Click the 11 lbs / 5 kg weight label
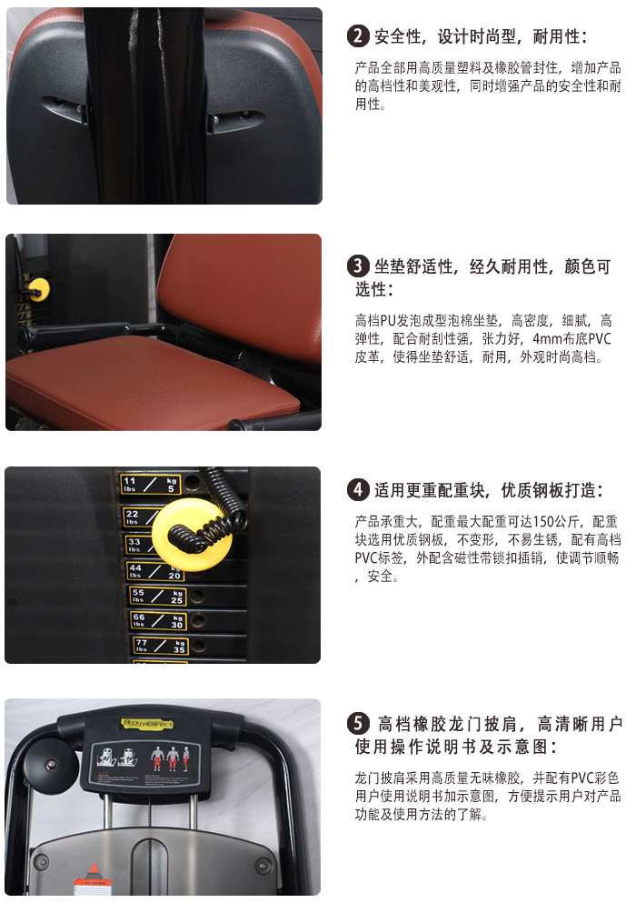tap(151, 485)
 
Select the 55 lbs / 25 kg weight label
tap(157, 597)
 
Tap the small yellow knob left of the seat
tap(38, 290)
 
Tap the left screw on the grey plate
tap(39, 862)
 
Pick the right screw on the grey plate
tap(263, 862)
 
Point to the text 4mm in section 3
tap(546, 339)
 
